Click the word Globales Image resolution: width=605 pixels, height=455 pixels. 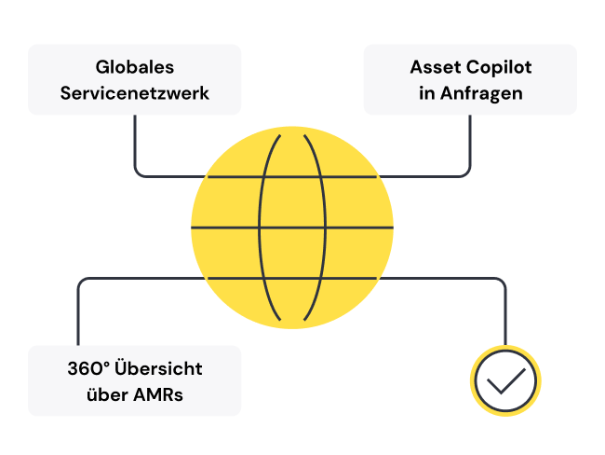click(135, 68)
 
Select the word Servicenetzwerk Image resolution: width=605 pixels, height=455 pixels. click(135, 93)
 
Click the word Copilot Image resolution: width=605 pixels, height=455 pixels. click(500, 68)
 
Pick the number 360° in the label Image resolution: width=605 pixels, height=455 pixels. click(89, 368)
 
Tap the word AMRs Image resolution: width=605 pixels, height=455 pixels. click(157, 394)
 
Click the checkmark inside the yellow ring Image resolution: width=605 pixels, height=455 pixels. click(505, 380)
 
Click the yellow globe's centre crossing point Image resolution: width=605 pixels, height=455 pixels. click(291, 227)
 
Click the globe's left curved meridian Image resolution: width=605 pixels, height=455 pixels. click(261, 227)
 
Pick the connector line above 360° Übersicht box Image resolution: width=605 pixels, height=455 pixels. click(78, 312)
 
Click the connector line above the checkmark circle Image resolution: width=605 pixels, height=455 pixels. click(505, 312)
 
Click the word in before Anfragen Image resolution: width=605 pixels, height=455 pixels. click(426, 93)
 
